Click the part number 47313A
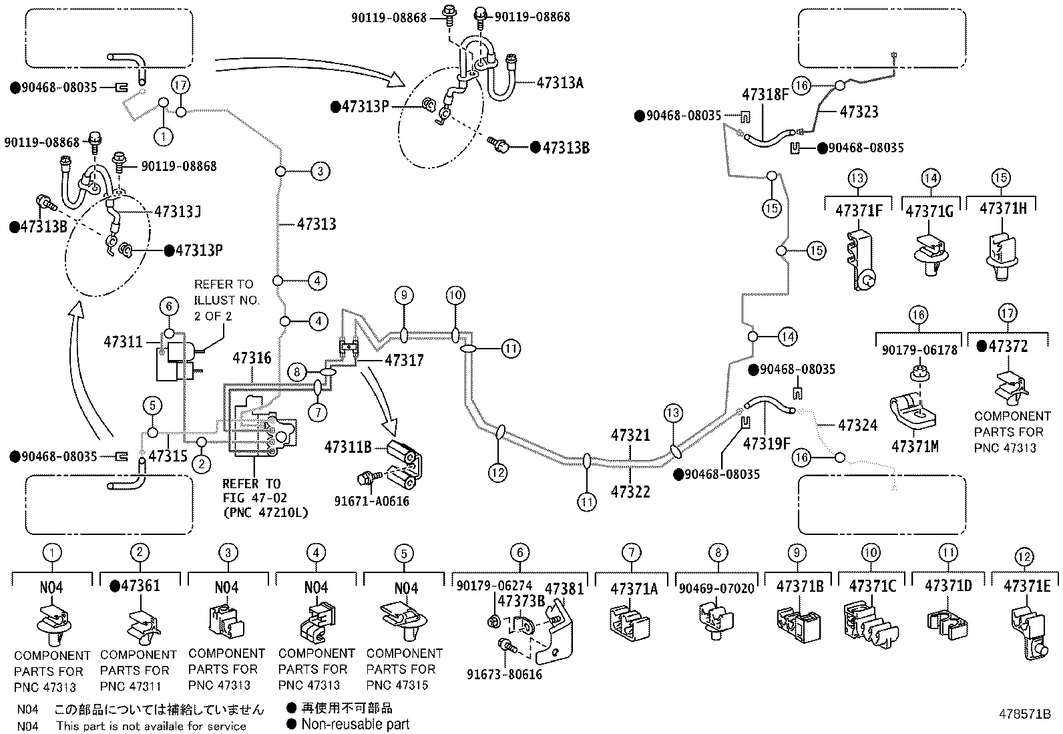point(560,83)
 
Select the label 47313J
point(178,211)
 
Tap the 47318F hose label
point(765,94)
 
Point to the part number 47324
point(857,425)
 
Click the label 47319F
point(767,443)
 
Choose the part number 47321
point(630,434)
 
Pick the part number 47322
point(630,492)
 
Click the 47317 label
point(404,360)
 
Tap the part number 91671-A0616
point(371,501)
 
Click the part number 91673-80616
point(504,674)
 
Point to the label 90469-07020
point(716,588)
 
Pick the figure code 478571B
point(1024,714)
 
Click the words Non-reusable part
point(355,724)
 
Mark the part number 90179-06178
point(919,350)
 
